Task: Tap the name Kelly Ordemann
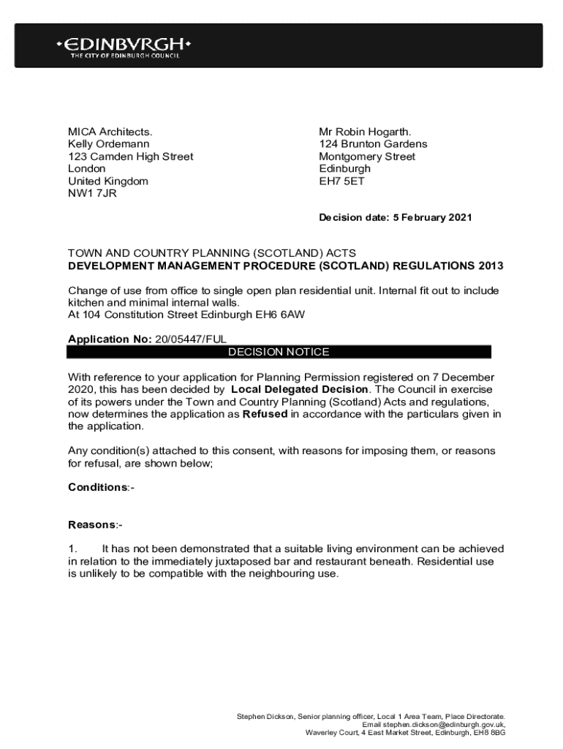109,144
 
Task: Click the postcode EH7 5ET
341,181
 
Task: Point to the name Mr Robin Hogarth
365,132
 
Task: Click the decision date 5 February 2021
423,217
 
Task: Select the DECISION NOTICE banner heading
279,352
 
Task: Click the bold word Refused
265,414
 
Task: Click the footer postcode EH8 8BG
489,731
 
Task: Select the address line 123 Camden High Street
131,157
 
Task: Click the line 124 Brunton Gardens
373,144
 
